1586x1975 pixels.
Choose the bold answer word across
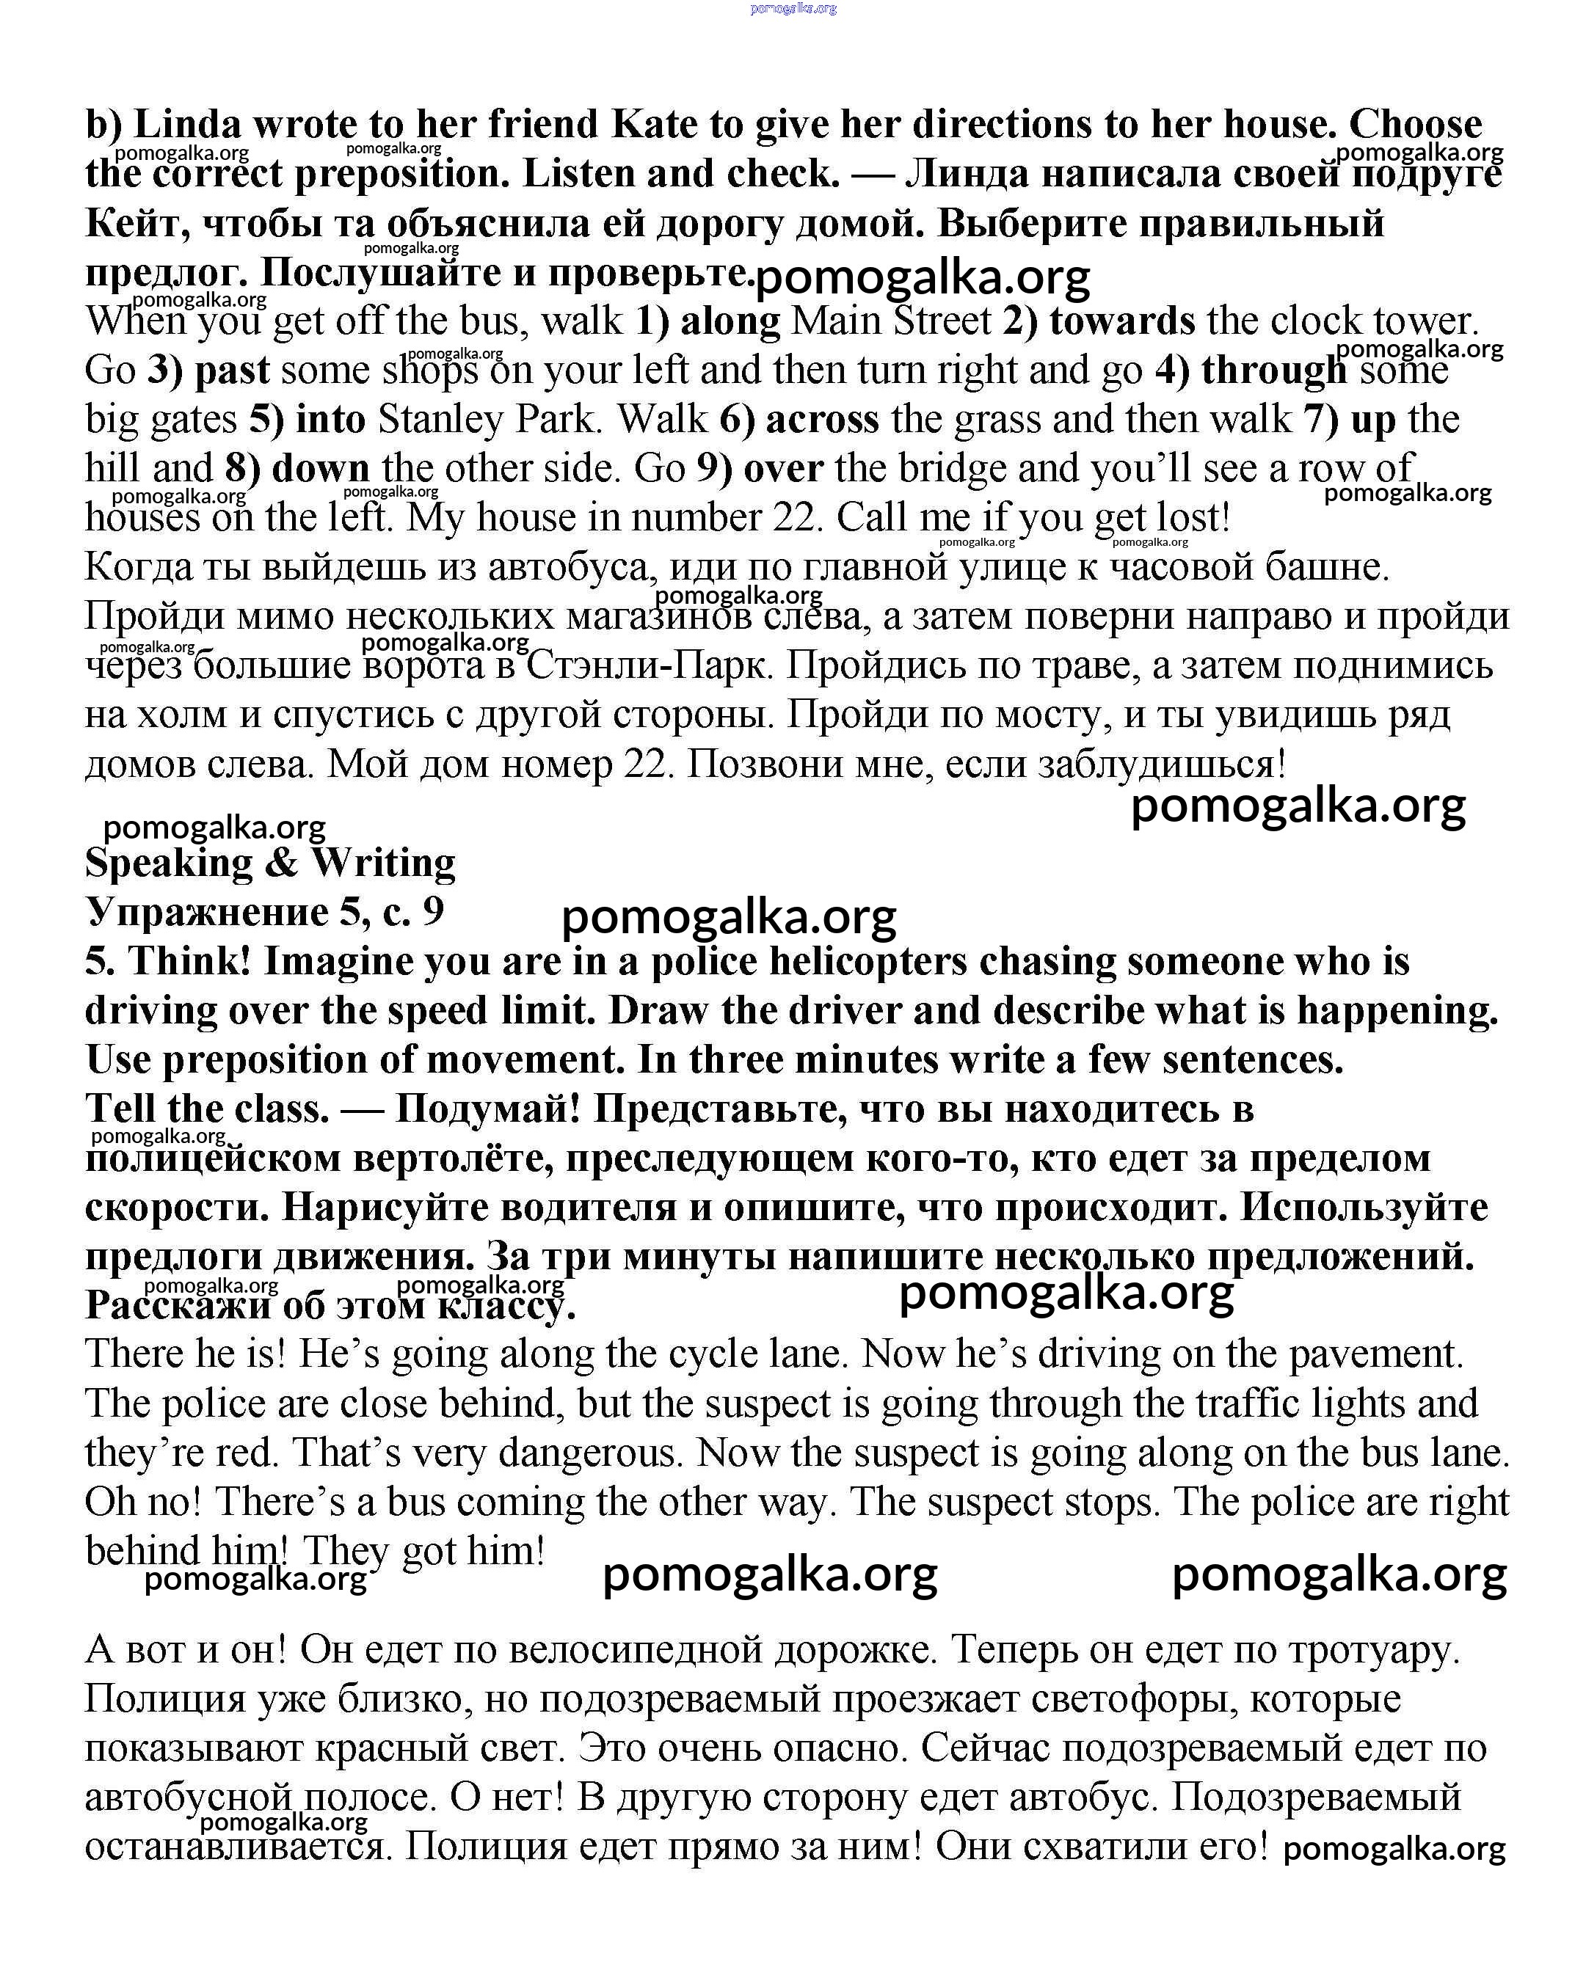[x=822, y=420]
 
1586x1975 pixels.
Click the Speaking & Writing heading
[x=269, y=864]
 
